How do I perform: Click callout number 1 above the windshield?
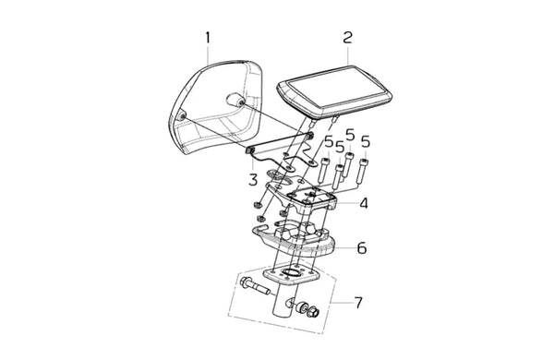[x=208, y=38]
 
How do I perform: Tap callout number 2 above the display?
[x=348, y=37]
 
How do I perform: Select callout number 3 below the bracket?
[x=253, y=180]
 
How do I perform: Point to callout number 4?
[x=364, y=203]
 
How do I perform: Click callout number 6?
[x=362, y=248]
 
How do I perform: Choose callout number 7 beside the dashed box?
[x=358, y=303]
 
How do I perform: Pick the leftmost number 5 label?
[x=329, y=141]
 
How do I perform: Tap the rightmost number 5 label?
[x=366, y=141]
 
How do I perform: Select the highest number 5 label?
[x=350, y=134]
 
